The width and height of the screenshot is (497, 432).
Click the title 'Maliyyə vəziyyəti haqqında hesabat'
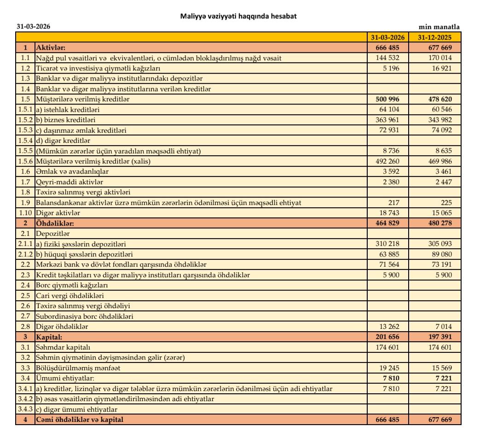tap(238, 16)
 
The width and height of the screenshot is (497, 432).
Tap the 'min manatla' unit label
tap(439, 27)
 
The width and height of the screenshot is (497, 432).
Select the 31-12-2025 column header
tap(435, 37)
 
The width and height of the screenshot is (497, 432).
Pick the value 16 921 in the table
tap(440, 68)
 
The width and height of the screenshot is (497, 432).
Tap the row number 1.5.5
tap(25, 151)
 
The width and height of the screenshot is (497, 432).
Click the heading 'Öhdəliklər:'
tap(55, 223)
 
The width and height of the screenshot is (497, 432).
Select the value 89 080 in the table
tap(440, 254)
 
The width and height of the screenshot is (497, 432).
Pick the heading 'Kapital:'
tap(49, 337)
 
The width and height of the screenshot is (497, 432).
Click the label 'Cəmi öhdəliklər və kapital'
tap(80, 420)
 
